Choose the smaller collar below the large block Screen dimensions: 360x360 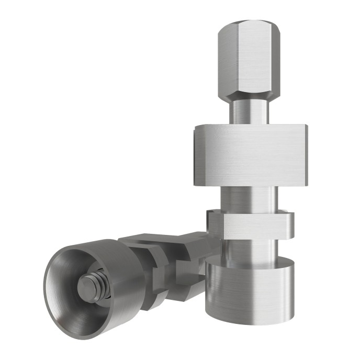(250, 223)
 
